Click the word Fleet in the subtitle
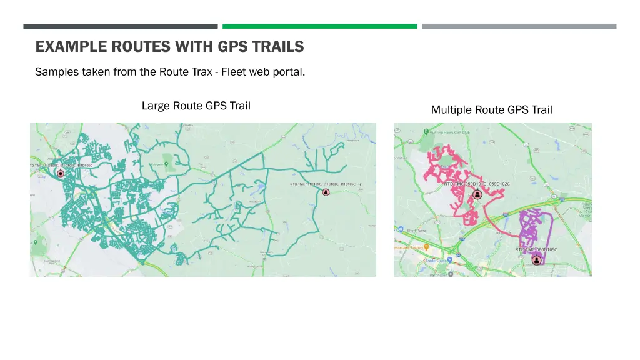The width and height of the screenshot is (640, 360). pyautogui.click(x=234, y=72)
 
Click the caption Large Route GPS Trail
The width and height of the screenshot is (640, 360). pyautogui.click(x=196, y=106)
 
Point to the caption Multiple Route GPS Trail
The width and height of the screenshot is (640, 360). pyautogui.click(x=491, y=110)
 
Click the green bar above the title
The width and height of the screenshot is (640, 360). pyautogui.click(x=319, y=26)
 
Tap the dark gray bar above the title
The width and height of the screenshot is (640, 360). pyautogui.click(x=121, y=26)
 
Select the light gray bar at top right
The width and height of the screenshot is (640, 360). pyautogui.click(x=519, y=26)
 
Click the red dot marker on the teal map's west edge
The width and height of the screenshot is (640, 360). pyautogui.click(x=61, y=172)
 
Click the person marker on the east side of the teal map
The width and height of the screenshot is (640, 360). pyautogui.click(x=326, y=192)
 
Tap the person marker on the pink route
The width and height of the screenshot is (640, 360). pyautogui.click(x=477, y=194)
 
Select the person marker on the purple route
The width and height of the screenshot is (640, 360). pyautogui.click(x=536, y=260)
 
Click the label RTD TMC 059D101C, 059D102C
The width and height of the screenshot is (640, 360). pyautogui.click(x=477, y=184)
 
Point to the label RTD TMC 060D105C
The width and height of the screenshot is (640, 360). pyautogui.click(x=536, y=250)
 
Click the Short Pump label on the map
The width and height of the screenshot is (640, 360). pyautogui.click(x=417, y=230)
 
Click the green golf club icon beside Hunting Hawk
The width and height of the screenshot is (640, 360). pyautogui.click(x=426, y=132)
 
